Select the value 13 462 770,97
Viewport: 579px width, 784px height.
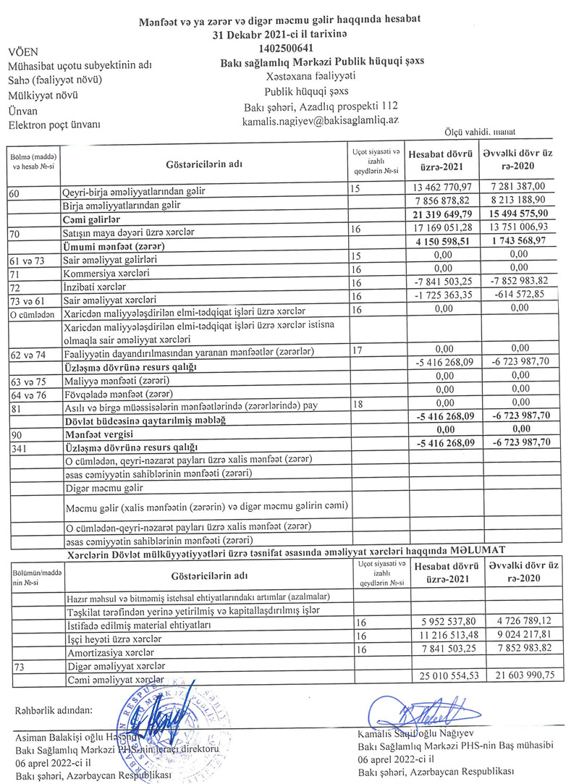point(441,189)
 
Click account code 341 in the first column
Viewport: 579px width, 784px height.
point(18,447)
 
